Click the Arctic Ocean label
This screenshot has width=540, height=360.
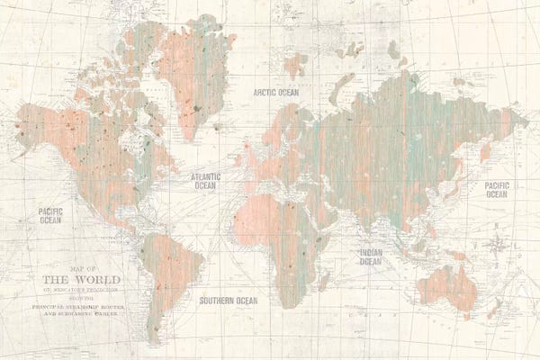pos(275,92)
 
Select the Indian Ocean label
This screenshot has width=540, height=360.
pos(370,257)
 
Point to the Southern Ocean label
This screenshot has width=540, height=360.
pos(228,301)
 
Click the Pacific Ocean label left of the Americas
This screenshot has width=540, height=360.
pos(50,215)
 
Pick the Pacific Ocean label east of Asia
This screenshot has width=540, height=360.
pos(496,189)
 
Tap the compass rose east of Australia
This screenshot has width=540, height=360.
pos(494,244)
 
